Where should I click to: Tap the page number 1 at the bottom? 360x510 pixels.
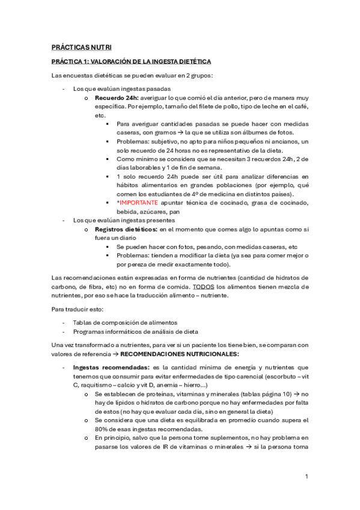point(307,476)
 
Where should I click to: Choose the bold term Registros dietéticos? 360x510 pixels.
point(126,229)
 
